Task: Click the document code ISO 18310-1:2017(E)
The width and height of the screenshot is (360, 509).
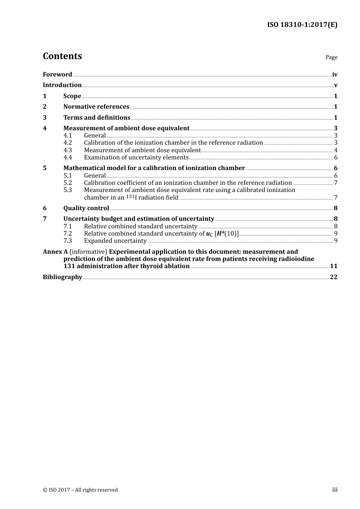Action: [x=302, y=25]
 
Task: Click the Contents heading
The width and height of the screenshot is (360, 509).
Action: [x=62, y=56]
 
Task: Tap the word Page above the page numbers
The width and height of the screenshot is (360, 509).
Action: [x=331, y=57]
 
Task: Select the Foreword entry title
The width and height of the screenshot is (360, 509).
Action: [x=57, y=75]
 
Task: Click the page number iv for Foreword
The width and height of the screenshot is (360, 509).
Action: [x=335, y=75]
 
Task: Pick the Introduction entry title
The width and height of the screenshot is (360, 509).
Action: [x=62, y=85]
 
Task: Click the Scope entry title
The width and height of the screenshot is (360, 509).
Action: [x=72, y=96]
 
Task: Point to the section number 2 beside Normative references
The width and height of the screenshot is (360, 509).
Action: [x=45, y=107]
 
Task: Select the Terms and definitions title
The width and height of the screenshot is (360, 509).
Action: [x=97, y=118]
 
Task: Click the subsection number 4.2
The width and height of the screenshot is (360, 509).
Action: [x=67, y=143]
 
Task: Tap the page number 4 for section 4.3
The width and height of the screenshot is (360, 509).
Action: [x=336, y=150]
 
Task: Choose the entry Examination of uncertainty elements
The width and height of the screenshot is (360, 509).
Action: [x=136, y=158]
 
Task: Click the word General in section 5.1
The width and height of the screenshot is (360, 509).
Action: [x=95, y=176]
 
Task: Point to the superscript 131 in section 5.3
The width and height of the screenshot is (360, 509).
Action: [x=130, y=196]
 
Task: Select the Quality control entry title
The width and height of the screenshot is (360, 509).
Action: [x=86, y=208]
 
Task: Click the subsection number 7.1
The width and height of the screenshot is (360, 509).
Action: [x=67, y=226]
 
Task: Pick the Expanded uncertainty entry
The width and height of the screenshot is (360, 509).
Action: [x=115, y=241]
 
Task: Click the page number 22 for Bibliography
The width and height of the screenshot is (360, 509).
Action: [x=333, y=277]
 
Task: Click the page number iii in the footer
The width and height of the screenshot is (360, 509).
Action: [x=335, y=490]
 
